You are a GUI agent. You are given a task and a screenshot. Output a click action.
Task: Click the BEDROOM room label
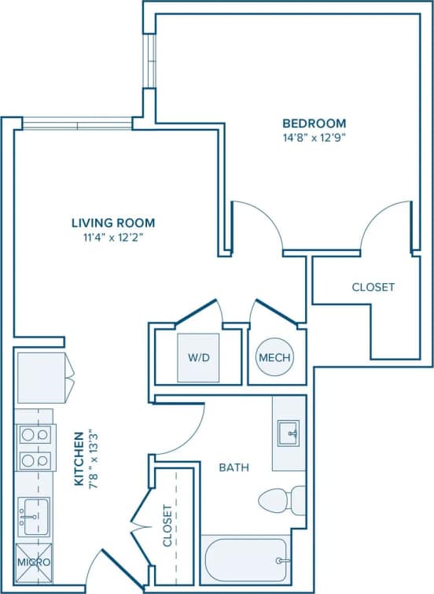point(314,124)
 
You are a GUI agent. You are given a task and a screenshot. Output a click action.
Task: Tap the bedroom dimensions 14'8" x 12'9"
point(314,137)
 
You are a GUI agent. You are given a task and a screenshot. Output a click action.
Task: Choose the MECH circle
point(274,358)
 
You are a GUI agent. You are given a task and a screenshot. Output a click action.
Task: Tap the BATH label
point(234,467)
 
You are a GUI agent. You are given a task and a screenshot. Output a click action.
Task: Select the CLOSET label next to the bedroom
point(373,287)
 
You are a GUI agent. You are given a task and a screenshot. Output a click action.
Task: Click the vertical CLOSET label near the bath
point(167,526)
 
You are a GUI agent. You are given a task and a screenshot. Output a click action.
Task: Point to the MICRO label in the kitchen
point(35,563)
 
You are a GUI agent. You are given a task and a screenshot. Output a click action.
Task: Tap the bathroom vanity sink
point(288,433)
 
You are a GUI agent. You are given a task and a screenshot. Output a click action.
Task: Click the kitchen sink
point(33,516)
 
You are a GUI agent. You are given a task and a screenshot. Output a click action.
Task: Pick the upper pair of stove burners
point(34,434)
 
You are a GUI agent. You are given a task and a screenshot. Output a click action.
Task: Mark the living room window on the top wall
point(77,123)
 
